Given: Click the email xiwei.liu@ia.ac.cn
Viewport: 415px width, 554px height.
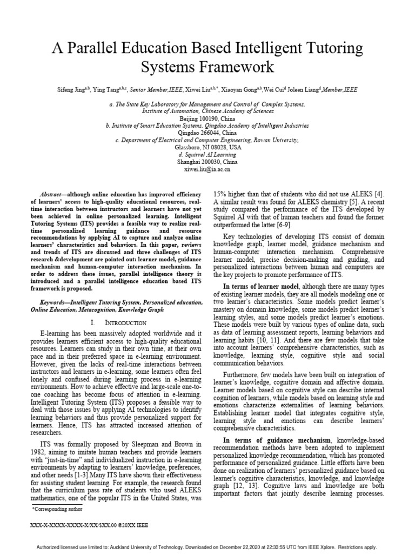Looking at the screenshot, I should point(207,169).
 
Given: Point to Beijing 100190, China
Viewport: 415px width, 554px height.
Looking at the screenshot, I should point(207,117).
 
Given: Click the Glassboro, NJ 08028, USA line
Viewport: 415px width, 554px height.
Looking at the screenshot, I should point(207,147).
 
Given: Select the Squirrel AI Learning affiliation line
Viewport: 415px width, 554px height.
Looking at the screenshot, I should point(207,154).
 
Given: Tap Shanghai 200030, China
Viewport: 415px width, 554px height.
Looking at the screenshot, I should point(207,161).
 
